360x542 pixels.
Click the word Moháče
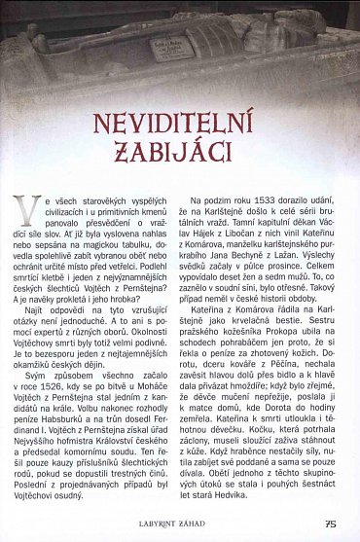click(155, 359)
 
